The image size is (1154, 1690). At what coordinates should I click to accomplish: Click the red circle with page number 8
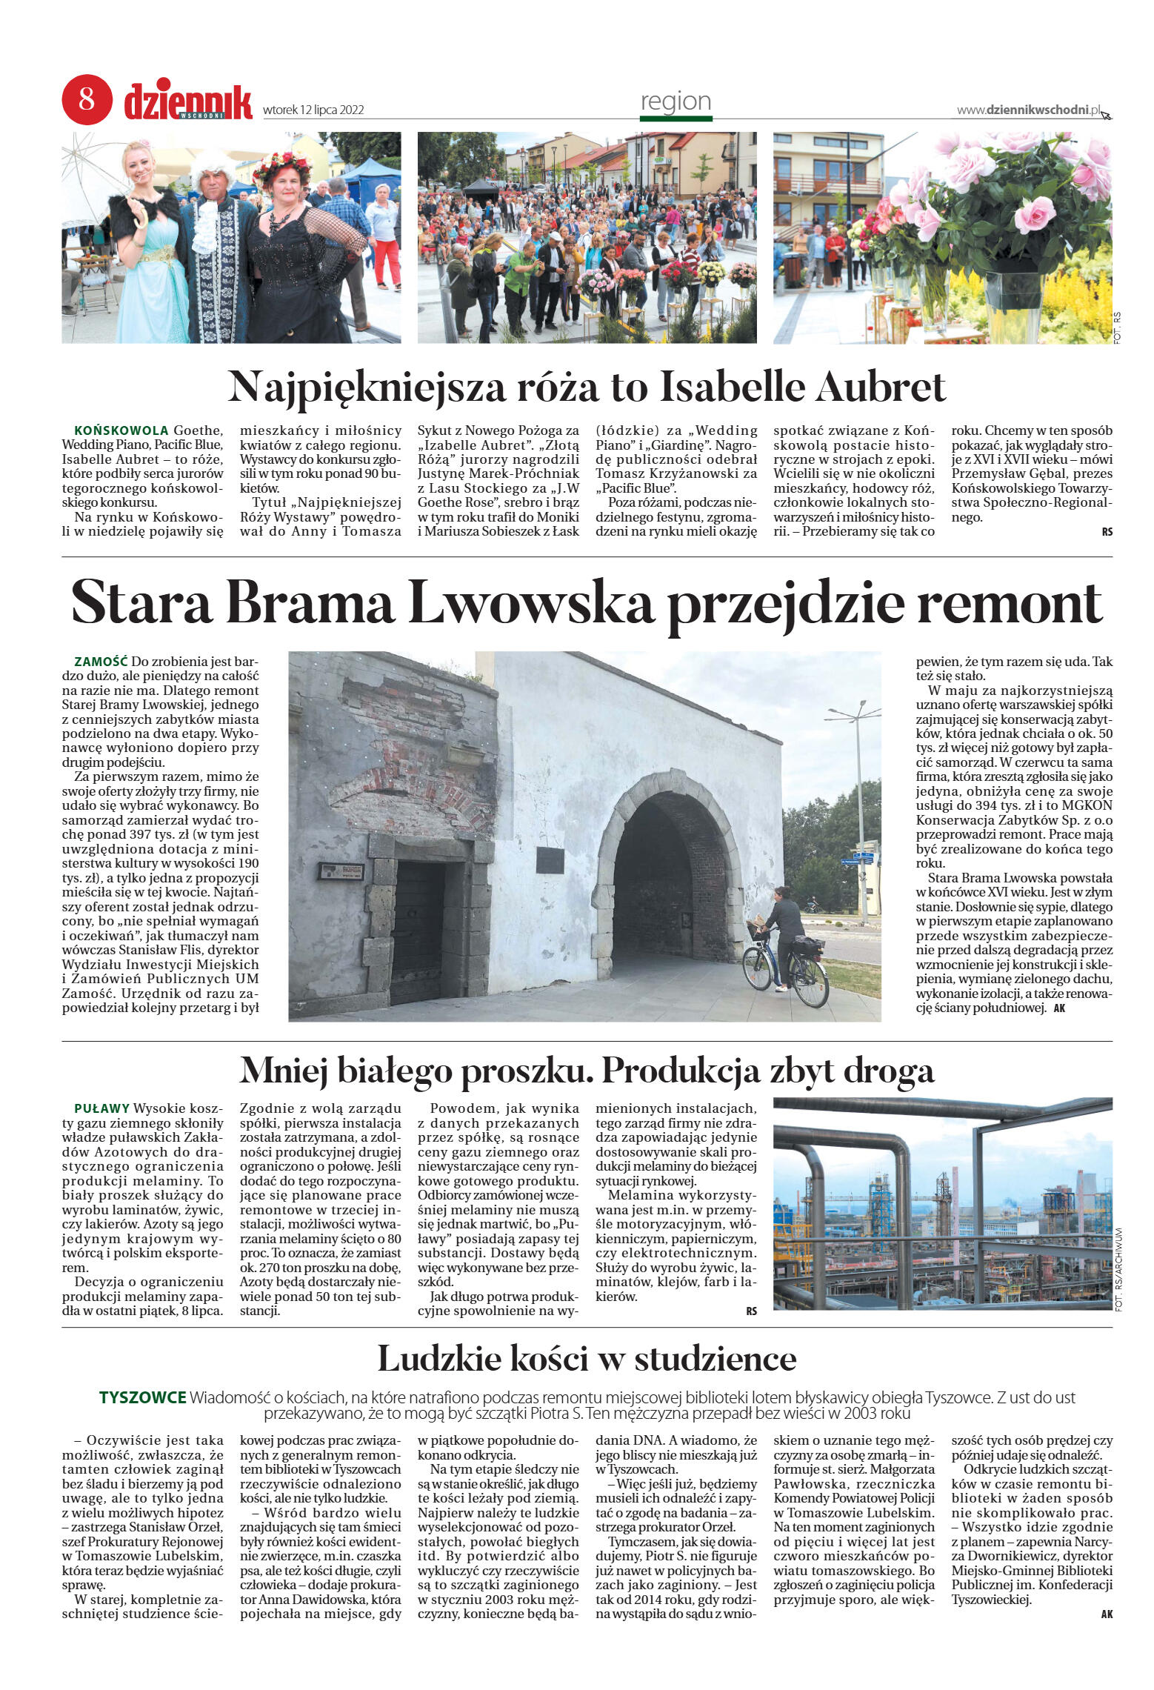[x=87, y=99]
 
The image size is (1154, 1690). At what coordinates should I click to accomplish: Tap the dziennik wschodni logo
[x=188, y=102]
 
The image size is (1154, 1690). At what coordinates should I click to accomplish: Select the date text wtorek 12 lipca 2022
[x=313, y=110]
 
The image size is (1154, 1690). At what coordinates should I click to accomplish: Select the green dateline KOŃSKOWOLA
[x=121, y=430]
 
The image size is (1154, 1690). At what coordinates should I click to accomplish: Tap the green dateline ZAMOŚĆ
[x=101, y=661]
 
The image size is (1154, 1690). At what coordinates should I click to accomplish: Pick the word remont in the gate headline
[x=1010, y=604]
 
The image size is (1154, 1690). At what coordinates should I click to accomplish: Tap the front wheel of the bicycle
[x=757, y=969]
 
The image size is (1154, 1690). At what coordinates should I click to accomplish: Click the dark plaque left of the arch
[x=550, y=859]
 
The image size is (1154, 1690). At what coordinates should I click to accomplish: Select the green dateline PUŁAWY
[x=101, y=1108]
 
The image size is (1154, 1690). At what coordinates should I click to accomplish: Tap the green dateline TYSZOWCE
[x=142, y=1397]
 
